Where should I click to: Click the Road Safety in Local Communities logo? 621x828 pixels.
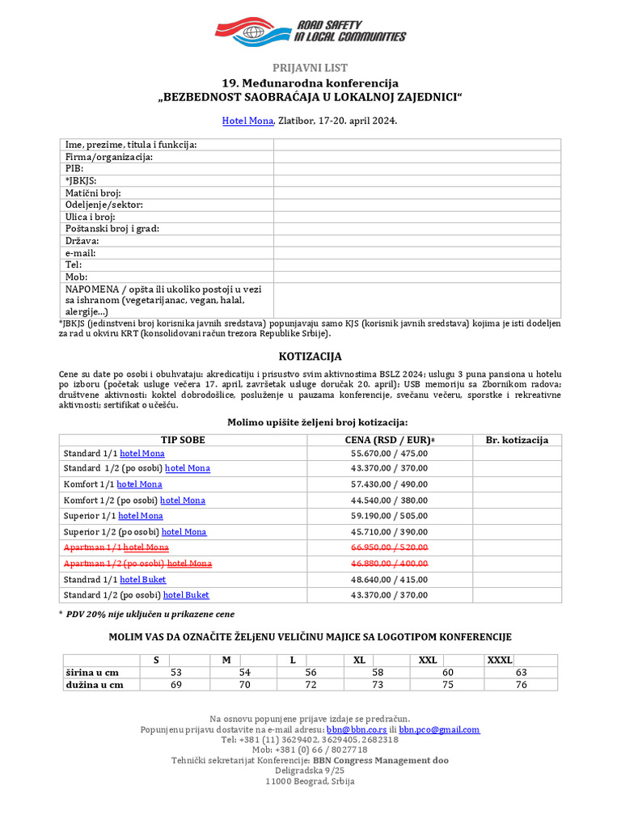pos(310,31)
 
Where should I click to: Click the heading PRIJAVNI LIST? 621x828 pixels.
pos(310,68)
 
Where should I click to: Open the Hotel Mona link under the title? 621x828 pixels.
pos(247,121)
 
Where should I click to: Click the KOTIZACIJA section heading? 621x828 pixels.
pos(310,357)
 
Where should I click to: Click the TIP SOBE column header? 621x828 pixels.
pos(183,440)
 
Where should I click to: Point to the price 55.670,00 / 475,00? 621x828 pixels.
pos(389,454)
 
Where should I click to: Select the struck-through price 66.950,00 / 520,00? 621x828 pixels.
pos(389,548)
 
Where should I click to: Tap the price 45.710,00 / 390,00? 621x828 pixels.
pos(389,532)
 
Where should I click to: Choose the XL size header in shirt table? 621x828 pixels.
pos(360,661)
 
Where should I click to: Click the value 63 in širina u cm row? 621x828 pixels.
pos(521,673)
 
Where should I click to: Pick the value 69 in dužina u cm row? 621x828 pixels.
pos(176,685)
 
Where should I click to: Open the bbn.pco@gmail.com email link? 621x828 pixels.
pos(439,729)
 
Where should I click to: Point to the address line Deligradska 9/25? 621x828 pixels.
pos(310,771)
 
